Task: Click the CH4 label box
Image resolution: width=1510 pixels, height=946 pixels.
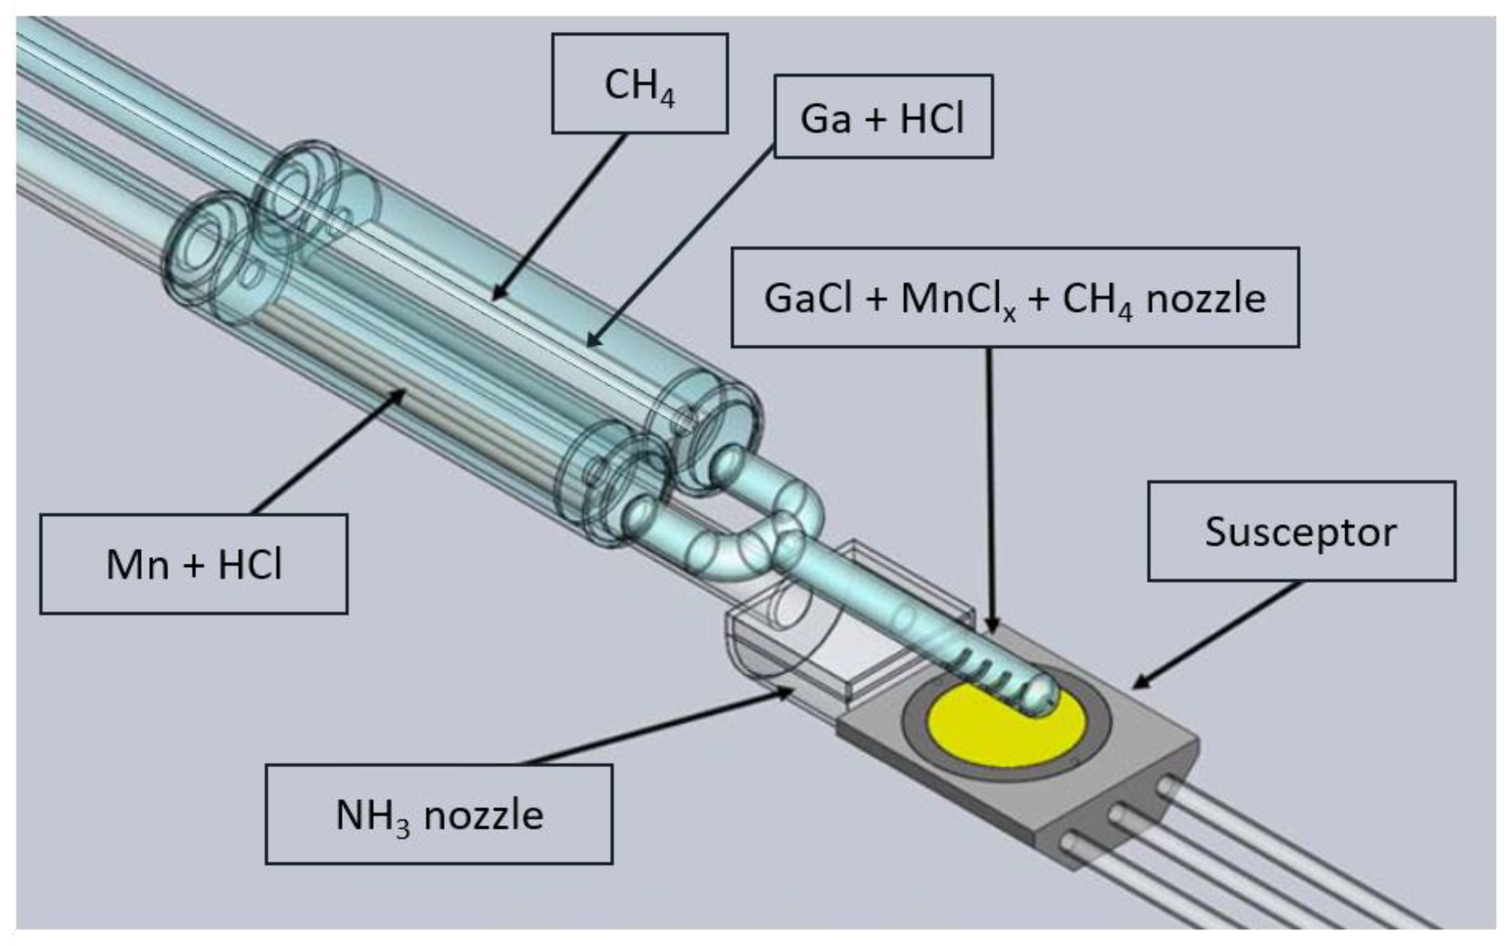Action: [x=639, y=83]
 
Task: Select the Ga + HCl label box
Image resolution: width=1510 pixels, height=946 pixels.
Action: [x=883, y=117]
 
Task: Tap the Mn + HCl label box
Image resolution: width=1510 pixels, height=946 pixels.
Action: [x=193, y=564]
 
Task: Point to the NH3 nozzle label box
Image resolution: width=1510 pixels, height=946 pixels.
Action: [x=439, y=814]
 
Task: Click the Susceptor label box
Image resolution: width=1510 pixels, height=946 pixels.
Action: [x=1301, y=531]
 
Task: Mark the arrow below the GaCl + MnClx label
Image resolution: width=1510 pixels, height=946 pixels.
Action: [x=990, y=488]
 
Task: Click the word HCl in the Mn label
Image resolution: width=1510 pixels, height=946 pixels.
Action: [x=250, y=564]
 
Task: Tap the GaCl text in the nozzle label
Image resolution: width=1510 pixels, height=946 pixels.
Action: [x=807, y=298]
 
